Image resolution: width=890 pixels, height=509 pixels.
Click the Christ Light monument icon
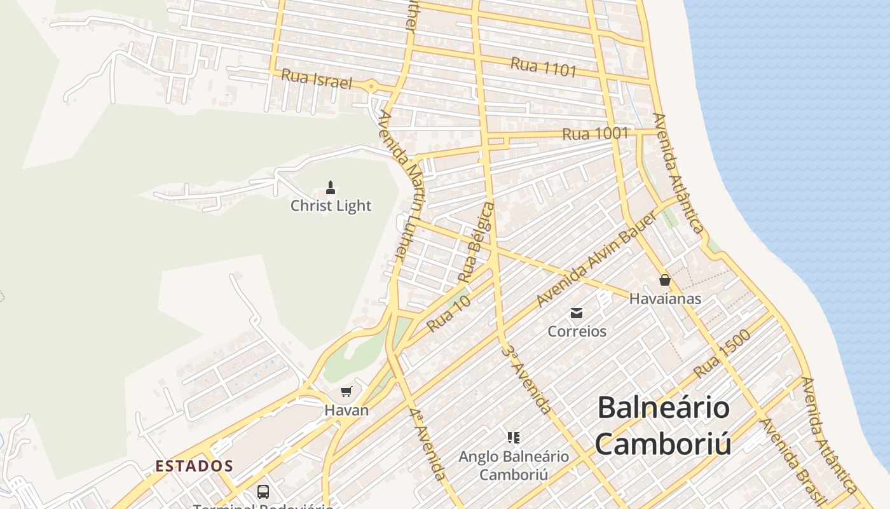pyautogui.click(x=330, y=187)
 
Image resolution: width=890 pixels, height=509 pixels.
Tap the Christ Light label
pyautogui.click(x=331, y=206)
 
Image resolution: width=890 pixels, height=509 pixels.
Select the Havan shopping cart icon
pyautogui.click(x=346, y=391)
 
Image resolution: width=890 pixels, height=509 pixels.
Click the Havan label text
pyautogui.click(x=346, y=410)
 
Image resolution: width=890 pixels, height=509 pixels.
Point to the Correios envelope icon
pyautogui.click(x=577, y=312)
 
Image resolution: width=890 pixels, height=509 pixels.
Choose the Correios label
pyautogui.click(x=577, y=331)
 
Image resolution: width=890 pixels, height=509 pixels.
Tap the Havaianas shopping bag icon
pyautogui.click(x=665, y=280)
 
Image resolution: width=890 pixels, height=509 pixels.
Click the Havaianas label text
pyautogui.click(x=665, y=298)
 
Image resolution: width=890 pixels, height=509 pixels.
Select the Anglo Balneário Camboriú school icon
pyautogui.click(x=514, y=437)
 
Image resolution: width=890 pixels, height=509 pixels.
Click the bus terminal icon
pyautogui.click(x=263, y=491)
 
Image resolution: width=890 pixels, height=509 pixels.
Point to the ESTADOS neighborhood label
pyautogui.click(x=195, y=466)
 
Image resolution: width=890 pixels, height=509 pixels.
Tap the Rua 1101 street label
pyautogui.click(x=543, y=67)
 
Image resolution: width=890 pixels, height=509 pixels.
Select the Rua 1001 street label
pyautogui.click(x=595, y=134)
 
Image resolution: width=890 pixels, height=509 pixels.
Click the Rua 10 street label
pyautogui.click(x=449, y=314)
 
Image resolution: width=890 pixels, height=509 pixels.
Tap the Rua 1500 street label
pyautogui.click(x=722, y=354)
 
